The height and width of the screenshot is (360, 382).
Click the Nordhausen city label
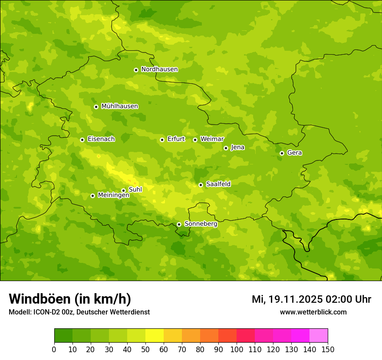[159, 69]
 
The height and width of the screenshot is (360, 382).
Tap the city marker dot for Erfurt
[162, 140]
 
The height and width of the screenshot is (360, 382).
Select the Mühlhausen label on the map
[119, 106]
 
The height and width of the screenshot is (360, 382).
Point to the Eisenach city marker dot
[82, 140]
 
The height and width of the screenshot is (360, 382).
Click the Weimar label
[212, 139]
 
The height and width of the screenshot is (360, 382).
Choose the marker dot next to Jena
[226, 148]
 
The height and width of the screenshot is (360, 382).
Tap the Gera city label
[294, 153]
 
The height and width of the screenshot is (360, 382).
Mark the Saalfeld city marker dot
[201, 185]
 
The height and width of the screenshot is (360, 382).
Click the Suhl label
[135, 190]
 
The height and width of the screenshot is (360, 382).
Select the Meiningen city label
[113, 196]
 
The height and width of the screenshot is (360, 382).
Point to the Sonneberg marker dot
[179, 224]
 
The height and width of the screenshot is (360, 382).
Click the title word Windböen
[40, 299]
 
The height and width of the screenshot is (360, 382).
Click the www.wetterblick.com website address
[313, 312]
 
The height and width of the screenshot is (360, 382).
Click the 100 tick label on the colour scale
[237, 350]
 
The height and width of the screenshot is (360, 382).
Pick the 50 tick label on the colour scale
[145, 350]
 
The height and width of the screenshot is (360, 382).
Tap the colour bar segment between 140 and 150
[319, 336]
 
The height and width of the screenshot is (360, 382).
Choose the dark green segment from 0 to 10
[63, 336]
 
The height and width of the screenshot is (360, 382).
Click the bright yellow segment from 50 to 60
[155, 336]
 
